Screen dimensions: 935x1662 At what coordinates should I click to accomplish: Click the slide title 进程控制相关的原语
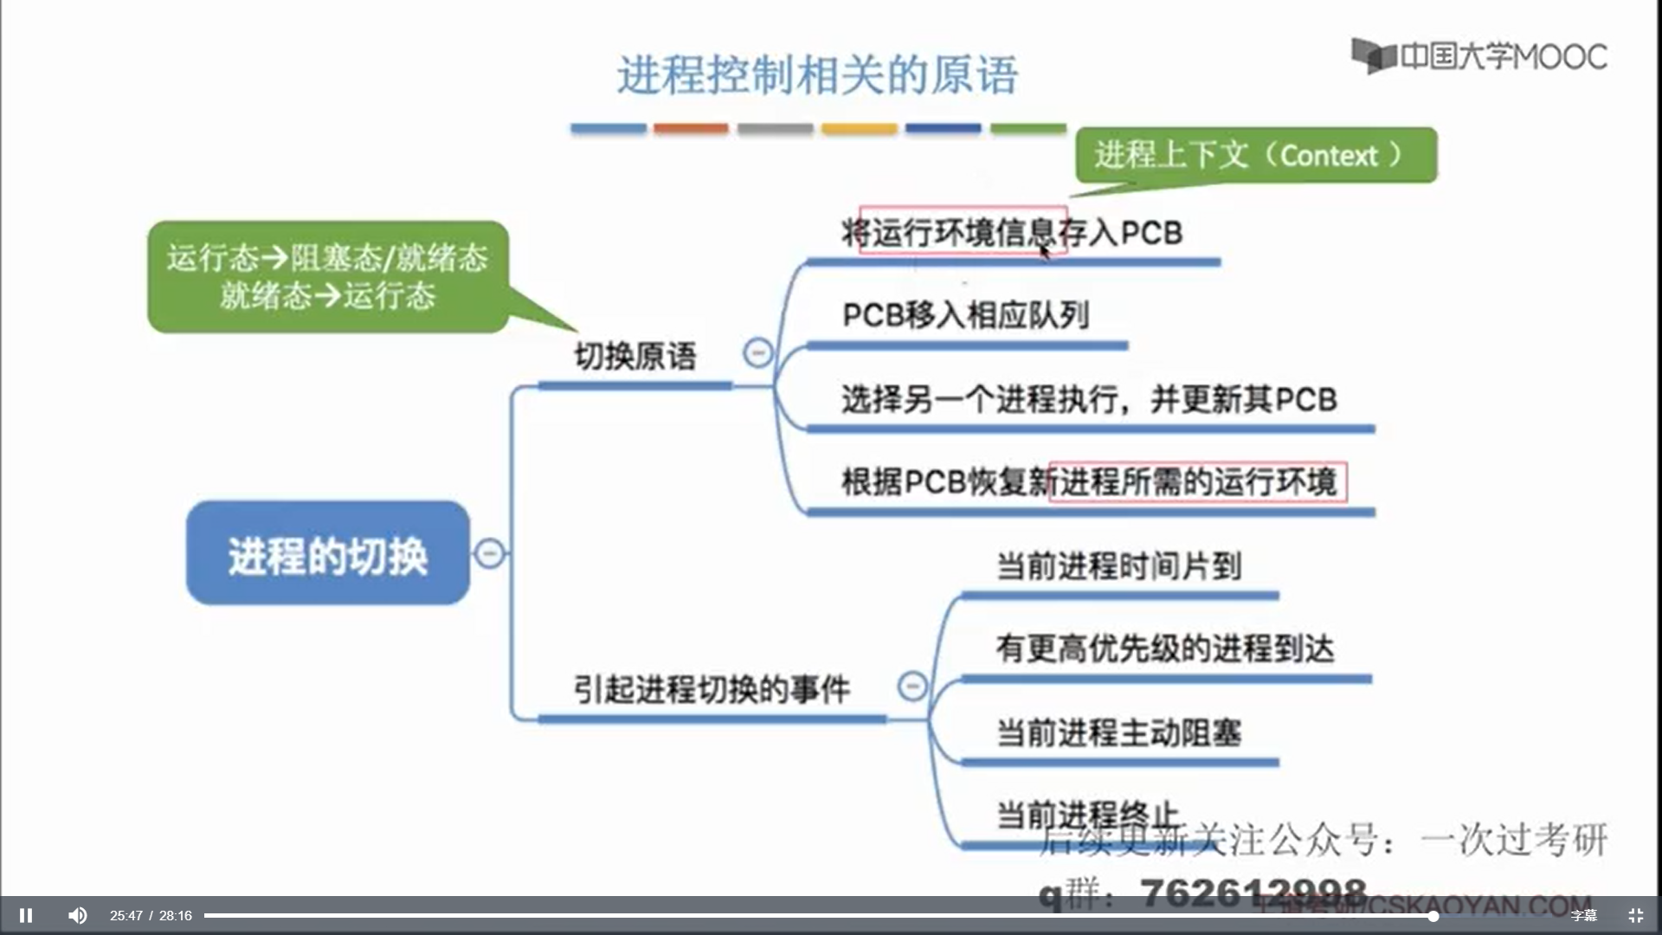[x=817, y=75]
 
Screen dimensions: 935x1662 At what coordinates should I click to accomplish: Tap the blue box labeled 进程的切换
[x=328, y=554]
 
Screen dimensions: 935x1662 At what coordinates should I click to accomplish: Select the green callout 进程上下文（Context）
[x=1255, y=156]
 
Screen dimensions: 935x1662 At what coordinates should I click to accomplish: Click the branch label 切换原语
[x=635, y=356]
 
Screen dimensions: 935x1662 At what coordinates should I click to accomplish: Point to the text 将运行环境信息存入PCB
[x=1012, y=232]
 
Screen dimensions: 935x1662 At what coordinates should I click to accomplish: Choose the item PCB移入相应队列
[x=965, y=315]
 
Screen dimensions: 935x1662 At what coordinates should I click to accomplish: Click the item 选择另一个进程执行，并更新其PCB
[x=1089, y=399]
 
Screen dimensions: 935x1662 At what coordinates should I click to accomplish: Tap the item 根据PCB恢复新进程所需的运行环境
[x=1089, y=481]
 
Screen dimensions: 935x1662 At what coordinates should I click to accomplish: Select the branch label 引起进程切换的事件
[x=712, y=689]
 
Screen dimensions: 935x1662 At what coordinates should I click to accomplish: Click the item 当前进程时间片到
[x=1118, y=566]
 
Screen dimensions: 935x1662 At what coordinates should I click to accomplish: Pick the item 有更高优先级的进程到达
[x=1165, y=648]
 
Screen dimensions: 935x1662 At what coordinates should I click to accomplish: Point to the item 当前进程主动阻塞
[x=1118, y=732]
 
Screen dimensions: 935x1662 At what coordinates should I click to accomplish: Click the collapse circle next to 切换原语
[x=758, y=352]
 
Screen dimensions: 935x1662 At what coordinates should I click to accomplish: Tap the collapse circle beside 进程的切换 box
[x=490, y=552]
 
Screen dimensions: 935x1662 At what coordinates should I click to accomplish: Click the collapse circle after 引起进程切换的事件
[x=912, y=686]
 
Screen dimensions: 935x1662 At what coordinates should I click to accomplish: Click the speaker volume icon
[x=78, y=915]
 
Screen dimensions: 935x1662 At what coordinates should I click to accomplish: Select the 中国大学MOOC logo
[x=1479, y=56]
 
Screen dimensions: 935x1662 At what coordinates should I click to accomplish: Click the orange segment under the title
[x=691, y=129]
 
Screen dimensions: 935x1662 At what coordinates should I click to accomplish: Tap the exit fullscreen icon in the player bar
[x=1635, y=915]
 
